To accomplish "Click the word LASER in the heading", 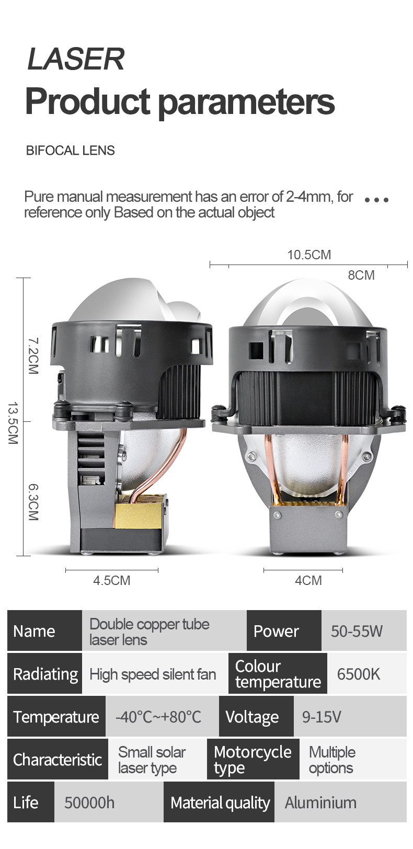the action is [76, 59].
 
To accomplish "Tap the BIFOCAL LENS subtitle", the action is [71, 151].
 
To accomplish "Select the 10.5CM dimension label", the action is [309, 255].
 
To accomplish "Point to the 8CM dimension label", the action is [361, 275].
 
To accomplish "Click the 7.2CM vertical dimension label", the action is [33, 356].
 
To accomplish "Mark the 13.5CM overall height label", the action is [13, 423].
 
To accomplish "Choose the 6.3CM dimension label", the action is [33, 502].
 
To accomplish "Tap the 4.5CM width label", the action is [112, 580].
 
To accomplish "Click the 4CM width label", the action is [308, 580].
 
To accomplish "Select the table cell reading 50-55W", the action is [364, 630].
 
